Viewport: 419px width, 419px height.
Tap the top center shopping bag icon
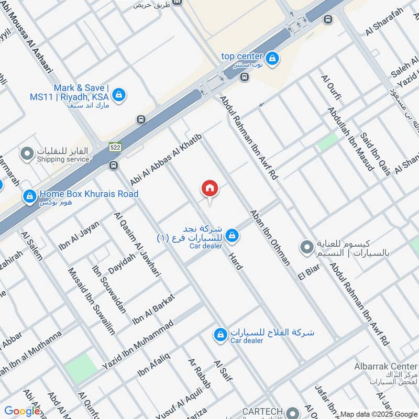[272, 59]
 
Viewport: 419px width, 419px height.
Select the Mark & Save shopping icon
[119, 95]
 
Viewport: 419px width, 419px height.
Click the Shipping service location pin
[27, 154]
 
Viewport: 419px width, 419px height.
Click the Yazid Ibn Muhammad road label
[138, 345]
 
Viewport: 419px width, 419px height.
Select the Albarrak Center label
[385, 367]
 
